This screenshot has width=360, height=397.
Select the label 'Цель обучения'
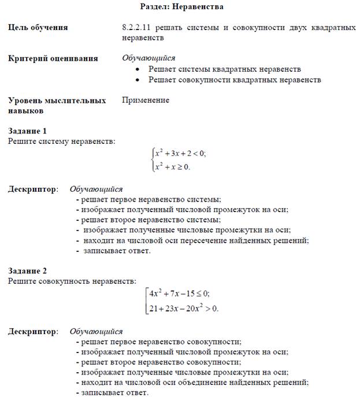tap(38, 27)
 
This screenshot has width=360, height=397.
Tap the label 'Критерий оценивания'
tap(53, 58)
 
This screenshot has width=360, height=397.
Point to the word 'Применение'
tap(146, 100)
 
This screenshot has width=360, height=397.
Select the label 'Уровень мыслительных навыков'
tap(57, 105)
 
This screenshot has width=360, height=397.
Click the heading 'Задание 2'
tap(27, 270)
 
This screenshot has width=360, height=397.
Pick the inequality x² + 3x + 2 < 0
tap(180, 154)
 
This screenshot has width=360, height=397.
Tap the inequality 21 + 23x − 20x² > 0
tap(184, 308)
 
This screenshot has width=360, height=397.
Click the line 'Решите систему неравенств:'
tap(61, 141)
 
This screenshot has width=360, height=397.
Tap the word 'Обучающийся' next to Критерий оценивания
tap(149, 58)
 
